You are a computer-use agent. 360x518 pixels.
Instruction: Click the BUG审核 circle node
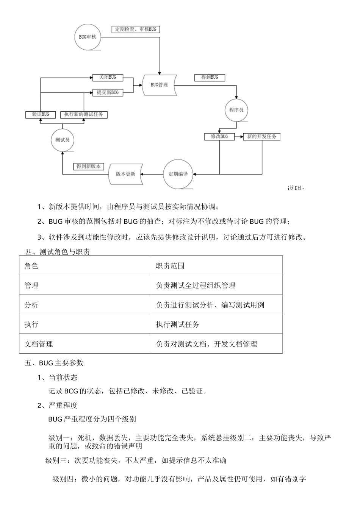coord(88,37)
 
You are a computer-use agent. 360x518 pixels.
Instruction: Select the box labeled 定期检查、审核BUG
coord(136,29)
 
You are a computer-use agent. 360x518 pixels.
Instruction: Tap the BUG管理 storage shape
coord(159,85)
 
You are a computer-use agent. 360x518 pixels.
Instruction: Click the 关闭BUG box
coord(108,77)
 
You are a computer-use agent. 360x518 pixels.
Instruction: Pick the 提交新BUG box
coord(108,92)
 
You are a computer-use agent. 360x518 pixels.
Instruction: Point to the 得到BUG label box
coord(209,77)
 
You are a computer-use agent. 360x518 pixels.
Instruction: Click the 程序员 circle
coord(236,110)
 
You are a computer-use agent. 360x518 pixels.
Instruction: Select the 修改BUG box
coord(219,136)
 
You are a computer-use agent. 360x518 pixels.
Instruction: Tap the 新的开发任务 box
coord(261,136)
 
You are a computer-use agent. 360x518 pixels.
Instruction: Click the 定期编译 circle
coord(178,174)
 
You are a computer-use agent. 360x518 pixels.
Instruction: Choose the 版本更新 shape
coord(126,174)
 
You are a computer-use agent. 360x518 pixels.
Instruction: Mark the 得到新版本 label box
coord(88,166)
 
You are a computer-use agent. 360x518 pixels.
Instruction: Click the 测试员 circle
coord(63,140)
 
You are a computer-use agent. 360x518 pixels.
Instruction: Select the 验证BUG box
coord(41,114)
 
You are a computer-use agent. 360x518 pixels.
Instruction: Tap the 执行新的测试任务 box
coord(84,114)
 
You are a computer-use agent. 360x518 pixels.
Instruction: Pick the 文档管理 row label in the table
coord(39,344)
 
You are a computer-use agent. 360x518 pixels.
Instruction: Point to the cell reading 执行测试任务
coord(177,324)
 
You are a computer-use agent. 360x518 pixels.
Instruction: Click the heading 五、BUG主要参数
coord(54,363)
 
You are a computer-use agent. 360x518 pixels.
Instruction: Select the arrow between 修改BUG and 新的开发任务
coord(239,136)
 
